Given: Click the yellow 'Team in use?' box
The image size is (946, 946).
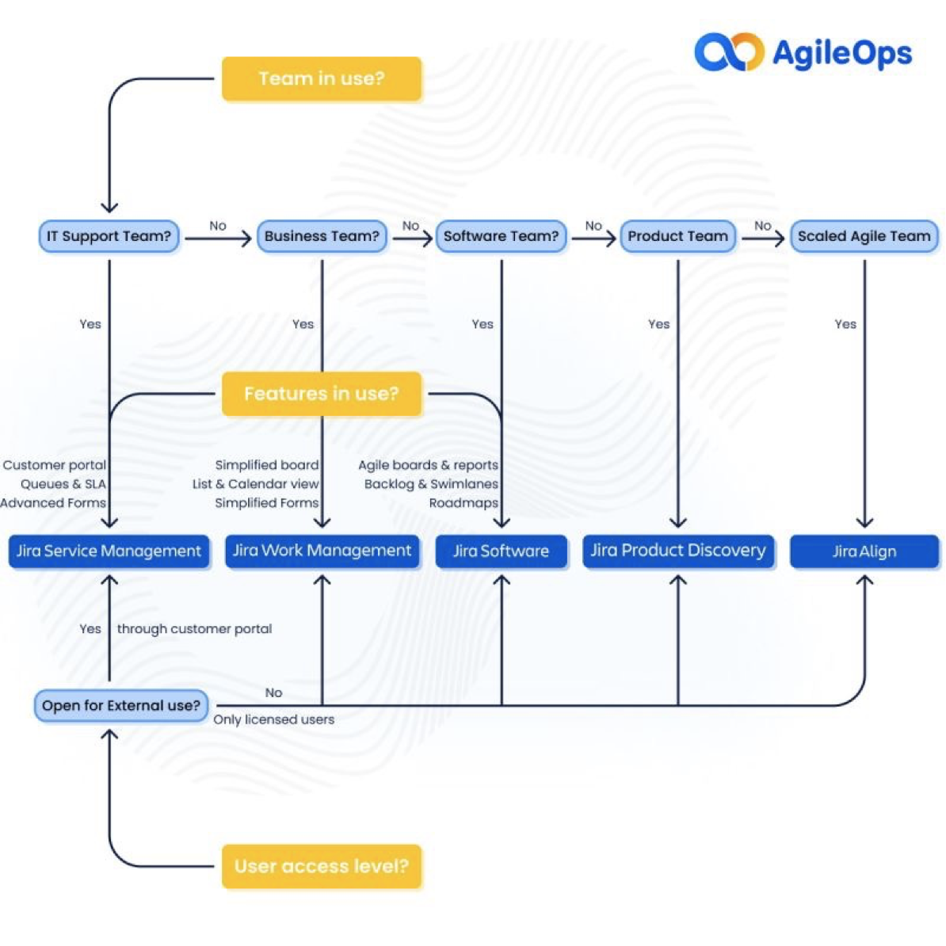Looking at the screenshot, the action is click(x=322, y=78).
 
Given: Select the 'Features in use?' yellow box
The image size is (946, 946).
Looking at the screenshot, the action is click(x=322, y=393).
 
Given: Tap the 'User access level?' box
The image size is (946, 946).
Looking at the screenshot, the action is click(x=322, y=866).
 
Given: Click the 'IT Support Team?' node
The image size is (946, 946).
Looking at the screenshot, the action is click(x=109, y=236).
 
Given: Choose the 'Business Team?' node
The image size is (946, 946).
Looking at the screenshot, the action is click(x=322, y=236).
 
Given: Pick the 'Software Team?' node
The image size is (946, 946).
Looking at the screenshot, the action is click(x=502, y=236).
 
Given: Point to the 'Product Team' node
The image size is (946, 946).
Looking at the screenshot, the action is click(x=678, y=236).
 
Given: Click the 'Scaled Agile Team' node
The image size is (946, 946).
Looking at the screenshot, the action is click(x=864, y=236).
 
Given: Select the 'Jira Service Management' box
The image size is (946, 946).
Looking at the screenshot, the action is click(x=109, y=551).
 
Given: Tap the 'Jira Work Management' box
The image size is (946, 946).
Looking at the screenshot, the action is click(x=322, y=551).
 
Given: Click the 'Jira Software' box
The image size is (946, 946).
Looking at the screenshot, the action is click(x=502, y=551).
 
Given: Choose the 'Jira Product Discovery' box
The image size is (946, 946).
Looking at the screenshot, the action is click(x=678, y=551).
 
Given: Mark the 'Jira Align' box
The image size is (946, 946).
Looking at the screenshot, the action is click(x=864, y=551).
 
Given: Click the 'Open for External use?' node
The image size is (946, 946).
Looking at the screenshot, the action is click(x=121, y=705).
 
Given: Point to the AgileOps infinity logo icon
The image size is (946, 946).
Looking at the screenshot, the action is click(x=730, y=51).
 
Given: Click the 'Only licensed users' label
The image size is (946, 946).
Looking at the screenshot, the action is click(x=274, y=719).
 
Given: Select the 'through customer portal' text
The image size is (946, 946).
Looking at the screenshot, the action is click(x=194, y=628).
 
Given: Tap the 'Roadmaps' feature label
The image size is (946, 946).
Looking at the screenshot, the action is click(x=463, y=502).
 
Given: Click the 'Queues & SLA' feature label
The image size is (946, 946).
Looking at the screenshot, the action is click(x=63, y=484).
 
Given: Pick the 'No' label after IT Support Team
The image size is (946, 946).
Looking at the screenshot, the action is click(x=218, y=226).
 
